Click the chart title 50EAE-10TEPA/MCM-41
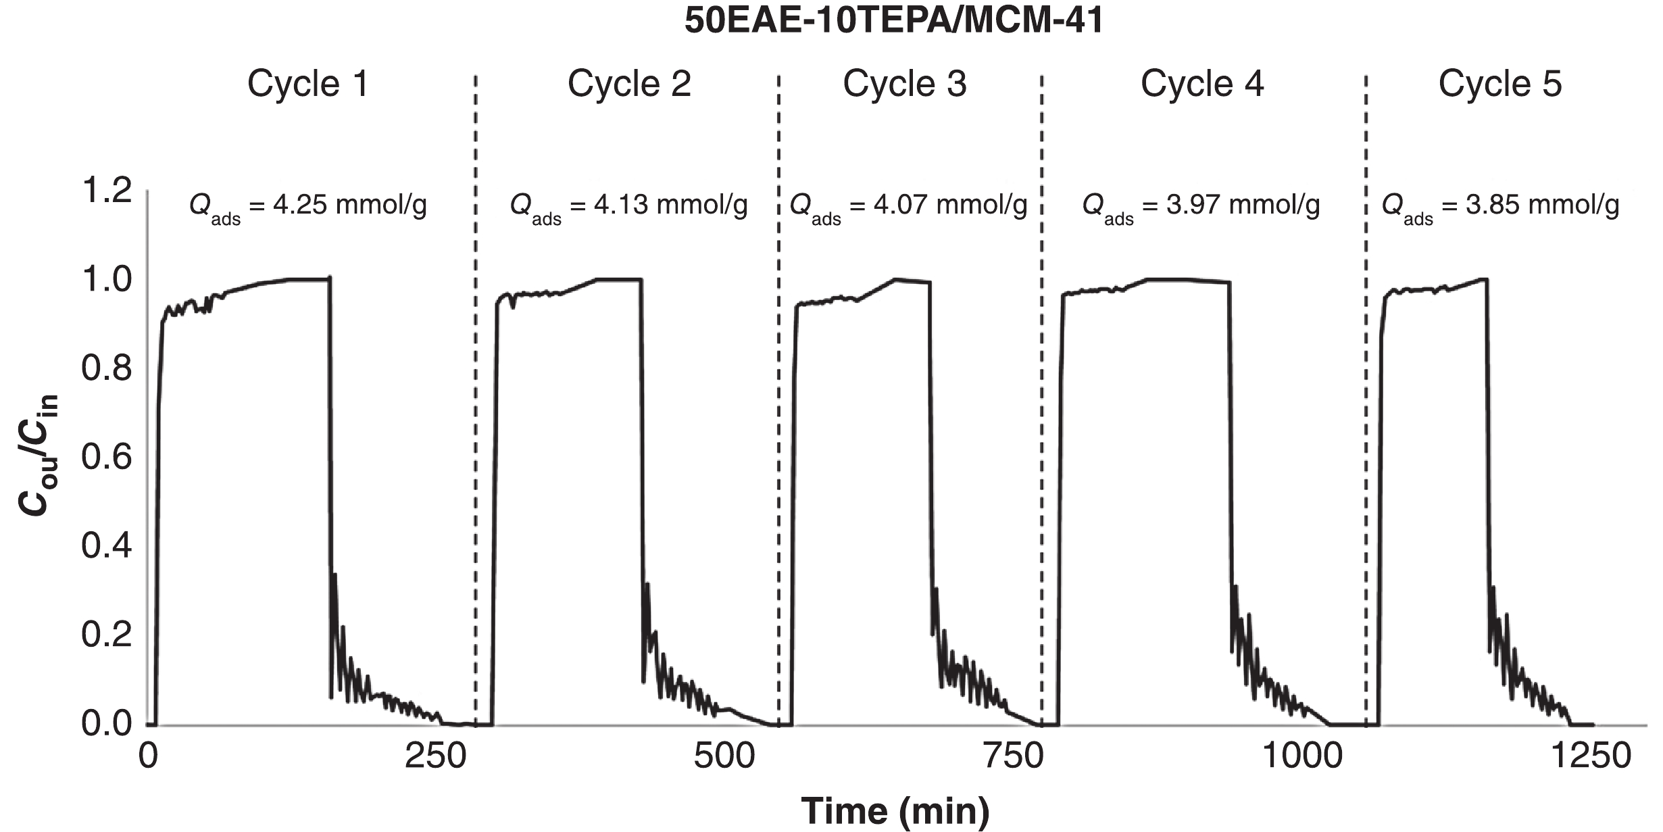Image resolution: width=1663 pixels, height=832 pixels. (x=894, y=21)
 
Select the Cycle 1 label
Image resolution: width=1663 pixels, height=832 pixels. (x=308, y=84)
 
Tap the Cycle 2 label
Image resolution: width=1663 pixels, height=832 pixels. (x=629, y=84)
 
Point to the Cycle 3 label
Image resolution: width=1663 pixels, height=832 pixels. (x=905, y=84)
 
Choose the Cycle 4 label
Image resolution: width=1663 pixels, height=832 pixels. (x=1202, y=84)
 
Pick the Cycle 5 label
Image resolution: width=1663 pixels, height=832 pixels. (x=1500, y=84)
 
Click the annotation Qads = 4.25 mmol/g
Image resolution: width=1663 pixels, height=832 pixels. (x=308, y=206)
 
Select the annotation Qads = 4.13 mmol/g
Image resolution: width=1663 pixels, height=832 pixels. (x=629, y=206)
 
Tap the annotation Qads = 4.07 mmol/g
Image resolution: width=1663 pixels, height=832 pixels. (x=909, y=206)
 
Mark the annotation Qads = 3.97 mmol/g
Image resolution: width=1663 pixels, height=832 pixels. (x=1201, y=206)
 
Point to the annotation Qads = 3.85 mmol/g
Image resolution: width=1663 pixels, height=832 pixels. (x=1501, y=206)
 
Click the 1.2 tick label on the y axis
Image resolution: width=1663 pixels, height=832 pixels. (x=107, y=191)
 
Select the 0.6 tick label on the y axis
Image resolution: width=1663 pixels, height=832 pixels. (x=107, y=458)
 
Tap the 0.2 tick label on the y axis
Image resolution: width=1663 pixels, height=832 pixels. (x=107, y=635)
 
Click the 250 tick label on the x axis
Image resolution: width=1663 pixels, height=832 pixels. (x=435, y=756)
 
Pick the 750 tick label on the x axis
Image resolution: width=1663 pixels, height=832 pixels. (x=1014, y=756)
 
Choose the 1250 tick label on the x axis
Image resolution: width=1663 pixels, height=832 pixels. (x=1590, y=756)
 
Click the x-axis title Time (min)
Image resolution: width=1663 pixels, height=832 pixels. (x=895, y=810)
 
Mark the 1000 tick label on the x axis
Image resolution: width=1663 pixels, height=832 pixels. (x=1301, y=756)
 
